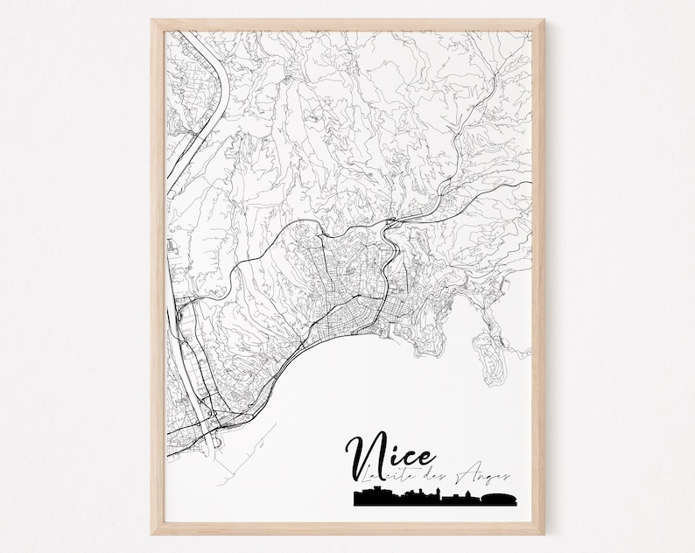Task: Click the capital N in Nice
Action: pyautogui.click(x=369, y=452)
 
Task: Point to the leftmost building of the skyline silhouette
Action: pyautogui.click(x=360, y=499)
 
